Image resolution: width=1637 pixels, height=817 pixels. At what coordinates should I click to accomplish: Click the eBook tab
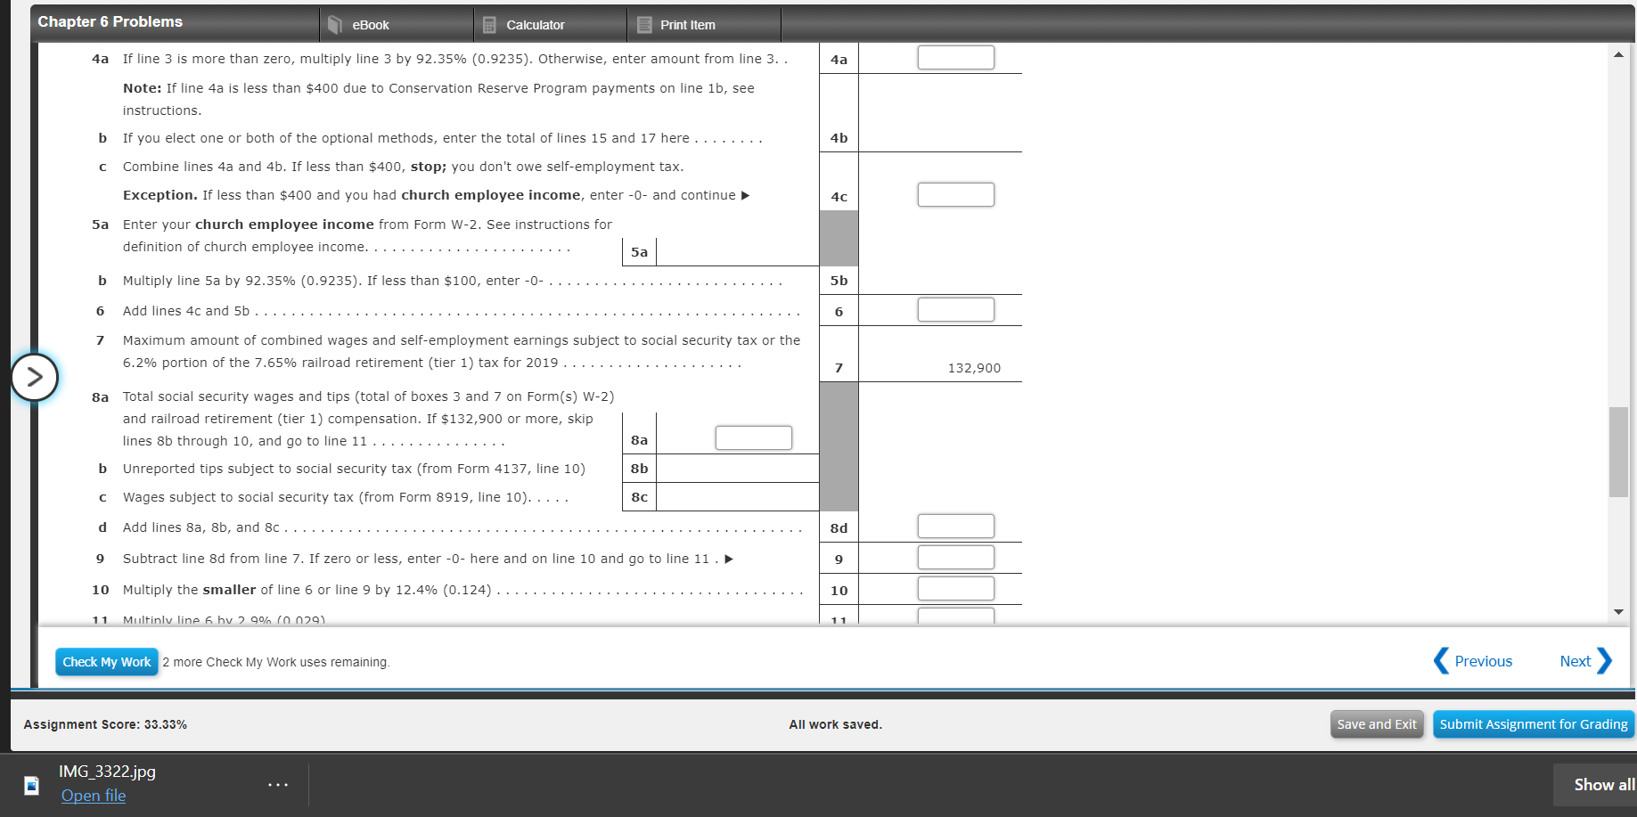point(369,25)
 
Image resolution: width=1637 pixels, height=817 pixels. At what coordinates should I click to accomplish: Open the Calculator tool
point(534,25)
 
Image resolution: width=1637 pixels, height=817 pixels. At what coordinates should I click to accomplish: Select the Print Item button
point(686,25)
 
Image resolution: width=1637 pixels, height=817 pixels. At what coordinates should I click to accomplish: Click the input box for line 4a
point(955,58)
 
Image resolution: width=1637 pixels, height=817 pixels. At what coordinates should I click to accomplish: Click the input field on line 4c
point(955,195)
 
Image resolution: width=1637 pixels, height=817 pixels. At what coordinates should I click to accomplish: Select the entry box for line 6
point(955,310)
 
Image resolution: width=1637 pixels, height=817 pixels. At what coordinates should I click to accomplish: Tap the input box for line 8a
point(753,438)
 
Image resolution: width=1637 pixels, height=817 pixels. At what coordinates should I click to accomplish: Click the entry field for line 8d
point(955,527)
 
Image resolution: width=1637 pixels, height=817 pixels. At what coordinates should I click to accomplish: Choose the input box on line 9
point(955,558)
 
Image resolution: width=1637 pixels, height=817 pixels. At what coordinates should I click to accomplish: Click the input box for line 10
point(955,589)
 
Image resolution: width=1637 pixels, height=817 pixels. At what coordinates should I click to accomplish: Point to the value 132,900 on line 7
point(973,368)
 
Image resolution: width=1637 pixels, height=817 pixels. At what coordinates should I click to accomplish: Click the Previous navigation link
point(1473,661)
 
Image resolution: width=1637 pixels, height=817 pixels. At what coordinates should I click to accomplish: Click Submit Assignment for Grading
point(1533,724)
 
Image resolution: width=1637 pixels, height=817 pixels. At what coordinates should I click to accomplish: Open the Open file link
point(94,796)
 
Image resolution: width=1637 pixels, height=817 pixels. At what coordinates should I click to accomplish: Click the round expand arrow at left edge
point(35,377)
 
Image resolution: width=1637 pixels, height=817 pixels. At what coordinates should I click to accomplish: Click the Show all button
point(1602,785)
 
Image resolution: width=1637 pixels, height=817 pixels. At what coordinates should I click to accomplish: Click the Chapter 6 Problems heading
point(110,21)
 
